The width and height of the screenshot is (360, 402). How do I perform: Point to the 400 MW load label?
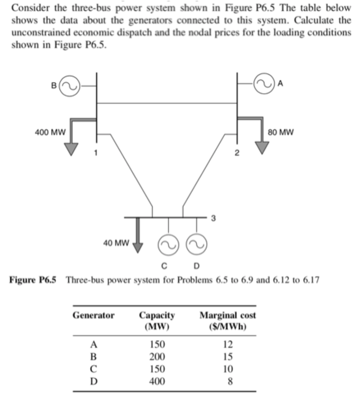(50, 133)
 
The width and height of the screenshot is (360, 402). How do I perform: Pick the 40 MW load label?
(116, 243)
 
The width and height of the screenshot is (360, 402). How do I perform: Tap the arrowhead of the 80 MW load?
(262, 147)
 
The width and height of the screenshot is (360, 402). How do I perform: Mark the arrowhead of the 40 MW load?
(138, 247)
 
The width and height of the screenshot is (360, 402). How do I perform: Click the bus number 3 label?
(213, 218)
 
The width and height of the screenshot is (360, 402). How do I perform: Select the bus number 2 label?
(236, 153)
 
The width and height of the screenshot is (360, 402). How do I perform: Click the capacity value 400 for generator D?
(157, 381)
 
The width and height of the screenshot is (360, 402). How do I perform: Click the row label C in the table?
(93, 369)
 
